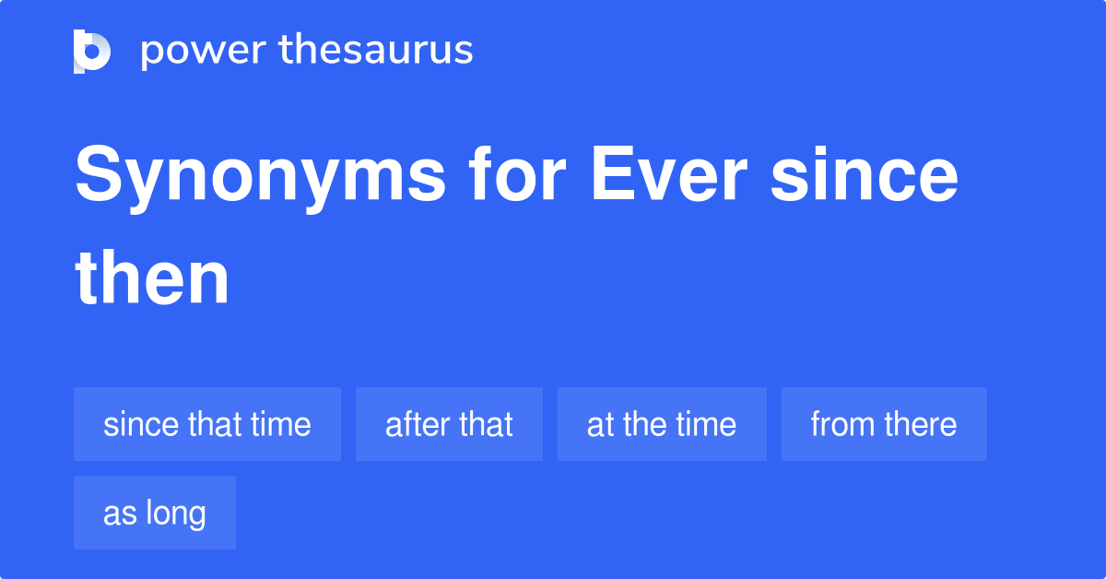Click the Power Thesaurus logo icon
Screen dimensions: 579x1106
click(x=92, y=51)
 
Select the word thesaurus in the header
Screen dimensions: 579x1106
click(x=376, y=51)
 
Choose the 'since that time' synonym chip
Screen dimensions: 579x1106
click(x=207, y=424)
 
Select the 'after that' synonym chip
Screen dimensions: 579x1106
click(x=449, y=424)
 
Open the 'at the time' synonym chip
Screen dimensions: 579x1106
click(x=662, y=424)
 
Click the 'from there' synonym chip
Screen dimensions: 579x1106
click(x=884, y=424)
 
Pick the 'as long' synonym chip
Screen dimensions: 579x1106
click(x=155, y=513)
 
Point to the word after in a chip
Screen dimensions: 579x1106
click(x=414, y=424)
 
